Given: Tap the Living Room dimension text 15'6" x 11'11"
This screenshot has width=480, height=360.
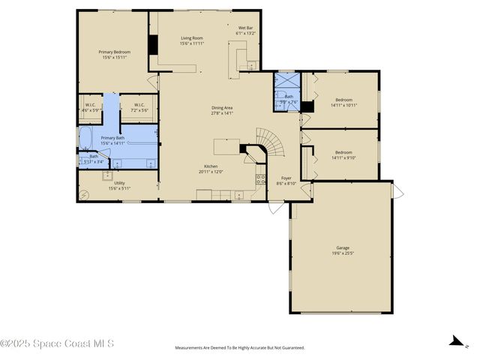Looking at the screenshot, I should [192, 43].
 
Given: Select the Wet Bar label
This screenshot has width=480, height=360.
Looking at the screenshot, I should [246, 28].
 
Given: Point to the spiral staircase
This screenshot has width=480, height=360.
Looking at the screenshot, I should [267, 142].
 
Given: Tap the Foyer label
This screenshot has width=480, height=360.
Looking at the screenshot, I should [286, 178].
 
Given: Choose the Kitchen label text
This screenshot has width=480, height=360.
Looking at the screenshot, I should [212, 166].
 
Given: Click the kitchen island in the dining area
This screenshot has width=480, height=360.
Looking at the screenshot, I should [226, 145].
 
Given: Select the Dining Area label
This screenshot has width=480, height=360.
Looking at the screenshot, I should [222, 107].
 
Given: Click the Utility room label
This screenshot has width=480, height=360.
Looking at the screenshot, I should [119, 183].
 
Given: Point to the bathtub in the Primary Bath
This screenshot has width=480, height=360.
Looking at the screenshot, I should [85, 138].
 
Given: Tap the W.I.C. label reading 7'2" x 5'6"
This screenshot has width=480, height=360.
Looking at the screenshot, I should [139, 104].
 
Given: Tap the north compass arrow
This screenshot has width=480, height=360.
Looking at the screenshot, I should [454, 342].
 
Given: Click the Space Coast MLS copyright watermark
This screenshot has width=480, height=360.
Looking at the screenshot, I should [57, 344].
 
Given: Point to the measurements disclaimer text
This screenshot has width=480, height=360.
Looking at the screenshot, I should [240, 347].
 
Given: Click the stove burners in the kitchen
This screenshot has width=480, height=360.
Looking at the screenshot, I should [260, 179].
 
